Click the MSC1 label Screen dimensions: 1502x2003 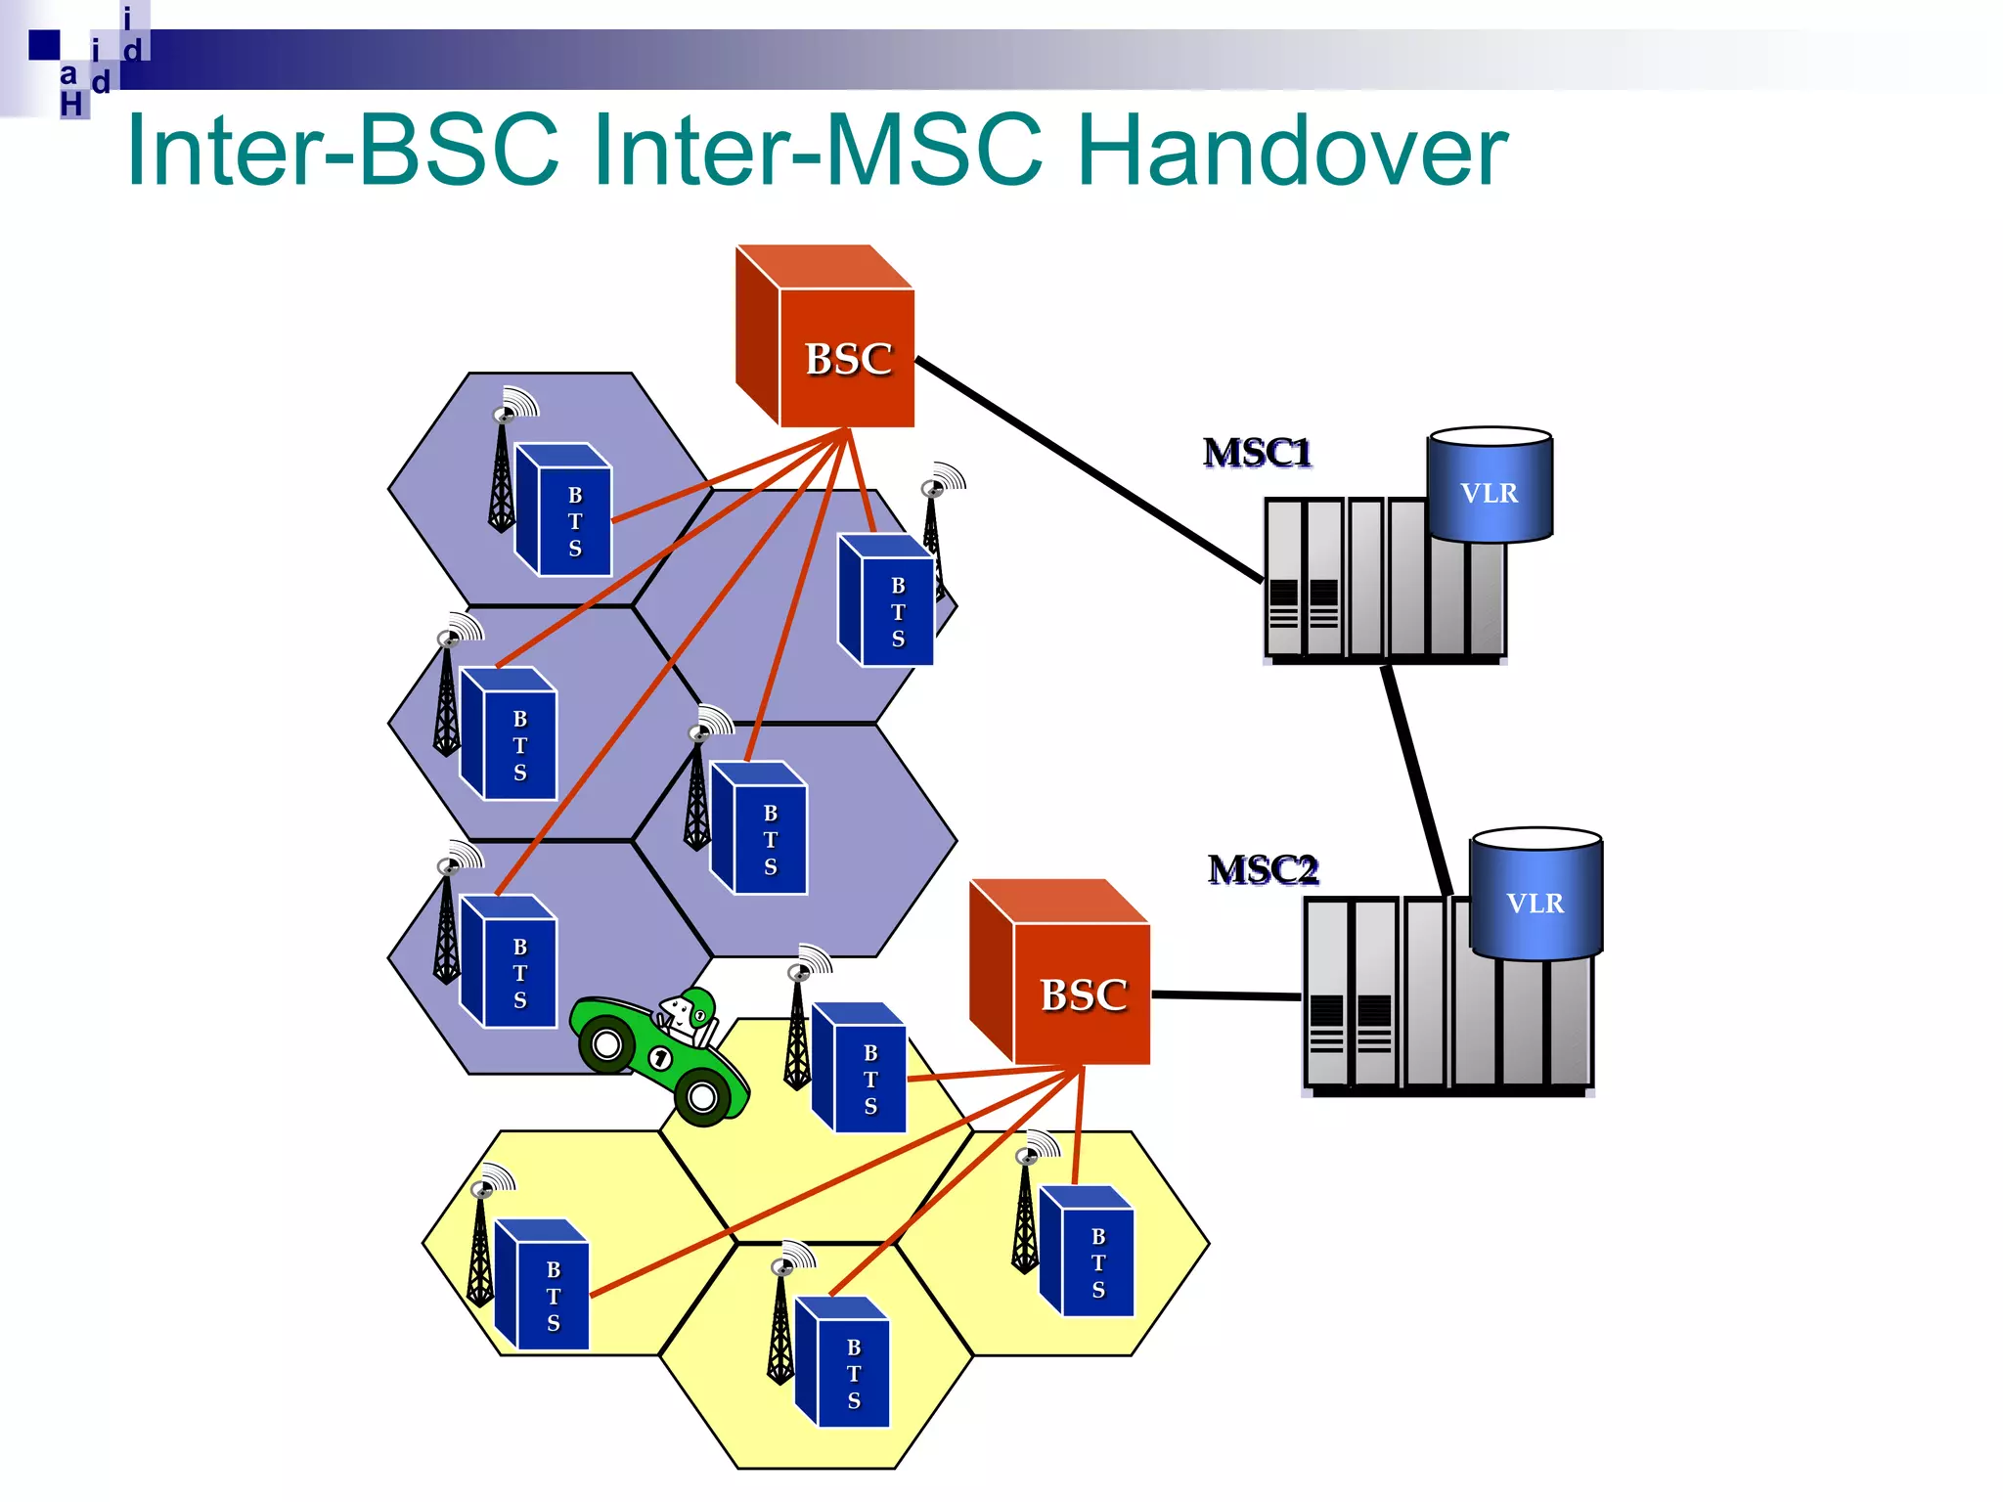pyautogui.click(x=1257, y=453)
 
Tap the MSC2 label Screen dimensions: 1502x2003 pyautogui.click(x=1262, y=869)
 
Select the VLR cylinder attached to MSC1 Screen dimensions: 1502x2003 pyautogui.click(x=1490, y=486)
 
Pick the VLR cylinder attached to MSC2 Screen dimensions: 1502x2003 pyautogui.click(x=1536, y=896)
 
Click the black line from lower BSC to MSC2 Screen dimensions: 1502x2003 pyautogui.click(x=1226, y=995)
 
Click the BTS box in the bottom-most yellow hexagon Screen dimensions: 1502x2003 pyautogui.click(x=845, y=1365)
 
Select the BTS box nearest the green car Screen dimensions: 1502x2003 pyautogui.click(x=861, y=1070)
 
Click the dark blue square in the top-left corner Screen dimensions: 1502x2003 pyautogui.click(x=44, y=45)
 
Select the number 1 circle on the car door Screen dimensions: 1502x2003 pyautogui.click(x=661, y=1059)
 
